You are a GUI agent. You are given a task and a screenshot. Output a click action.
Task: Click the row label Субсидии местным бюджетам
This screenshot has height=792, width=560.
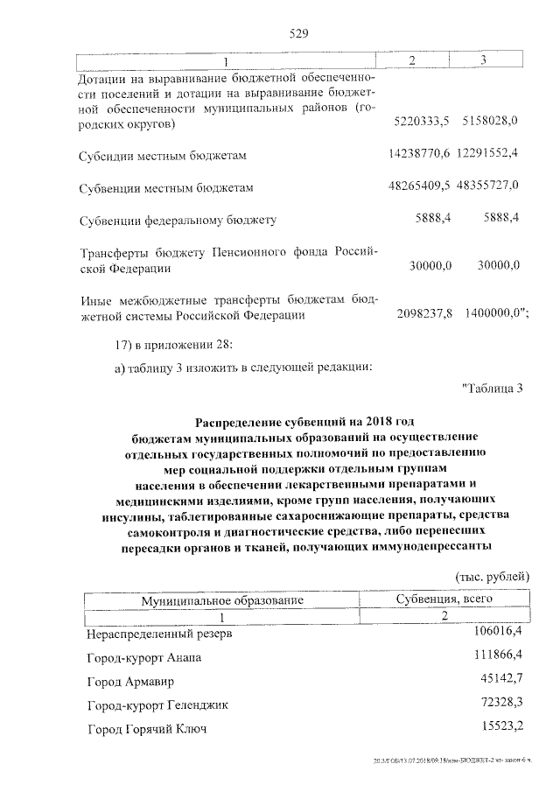[x=163, y=156]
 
